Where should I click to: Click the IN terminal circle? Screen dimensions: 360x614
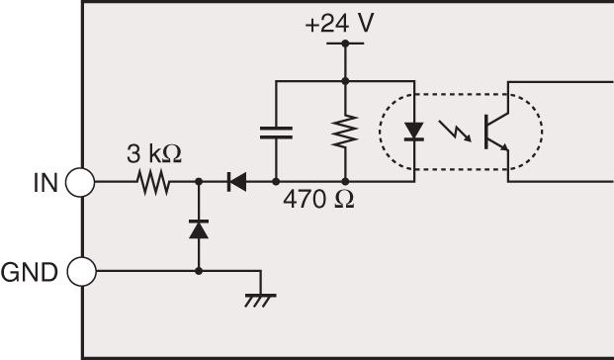pyautogui.click(x=80, y=183)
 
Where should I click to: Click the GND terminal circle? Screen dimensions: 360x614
pyautogui.click(x=80, y=270)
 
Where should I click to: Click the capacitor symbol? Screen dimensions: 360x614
pyautogui.click(x=275, y=131)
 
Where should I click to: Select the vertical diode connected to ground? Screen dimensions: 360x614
pyautogui.click(x=199, y=228)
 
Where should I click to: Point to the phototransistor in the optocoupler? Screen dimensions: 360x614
pyautogui.click(x=495, y=132)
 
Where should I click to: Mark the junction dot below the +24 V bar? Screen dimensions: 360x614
pyautogui.click(x=345, y=79)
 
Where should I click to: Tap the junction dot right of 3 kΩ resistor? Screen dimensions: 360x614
pyautogui.click(x=199, y=183)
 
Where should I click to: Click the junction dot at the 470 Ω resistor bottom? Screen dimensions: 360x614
pyautogui.click(x=345, y=183)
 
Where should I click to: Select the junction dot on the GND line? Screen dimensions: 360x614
pyautogui.click(x=199, y=270)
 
